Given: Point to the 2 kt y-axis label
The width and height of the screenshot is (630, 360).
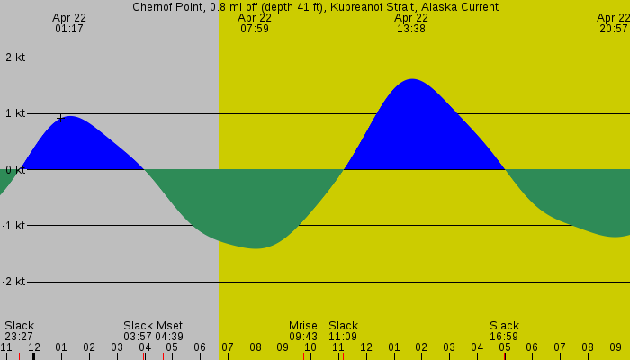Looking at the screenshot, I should [15, 58].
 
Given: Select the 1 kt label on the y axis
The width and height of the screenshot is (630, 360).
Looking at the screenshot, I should [15, 113].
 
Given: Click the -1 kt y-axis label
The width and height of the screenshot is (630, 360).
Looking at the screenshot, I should [13, 226].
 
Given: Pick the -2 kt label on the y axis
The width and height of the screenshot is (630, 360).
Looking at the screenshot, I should [13, 282].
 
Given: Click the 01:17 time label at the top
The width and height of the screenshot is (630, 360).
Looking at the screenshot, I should [69, 29].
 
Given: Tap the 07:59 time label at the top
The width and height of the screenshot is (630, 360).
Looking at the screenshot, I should [255, 29].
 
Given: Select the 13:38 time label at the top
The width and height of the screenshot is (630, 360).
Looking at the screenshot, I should [411, 29].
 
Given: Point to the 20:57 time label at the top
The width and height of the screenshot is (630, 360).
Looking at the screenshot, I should [614, 29].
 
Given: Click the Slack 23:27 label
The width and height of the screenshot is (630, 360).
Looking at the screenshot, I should [19, 331].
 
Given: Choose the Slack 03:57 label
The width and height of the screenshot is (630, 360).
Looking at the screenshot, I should [138, 331].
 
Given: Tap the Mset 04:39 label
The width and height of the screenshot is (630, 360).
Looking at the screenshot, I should [170, 331].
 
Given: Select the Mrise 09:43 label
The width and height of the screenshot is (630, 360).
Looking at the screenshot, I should [303, 331].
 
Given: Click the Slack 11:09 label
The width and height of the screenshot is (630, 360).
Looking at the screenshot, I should [343, 331].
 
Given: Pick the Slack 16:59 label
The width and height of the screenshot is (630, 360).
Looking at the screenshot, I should [504, 331].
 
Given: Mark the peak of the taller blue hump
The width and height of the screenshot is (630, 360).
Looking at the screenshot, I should [412, 79].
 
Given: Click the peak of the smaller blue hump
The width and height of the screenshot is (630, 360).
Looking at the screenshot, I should [69, 116].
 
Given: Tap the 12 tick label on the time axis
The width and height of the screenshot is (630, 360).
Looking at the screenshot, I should [33, 347].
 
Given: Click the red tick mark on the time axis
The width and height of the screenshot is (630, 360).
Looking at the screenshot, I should [505, 355].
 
